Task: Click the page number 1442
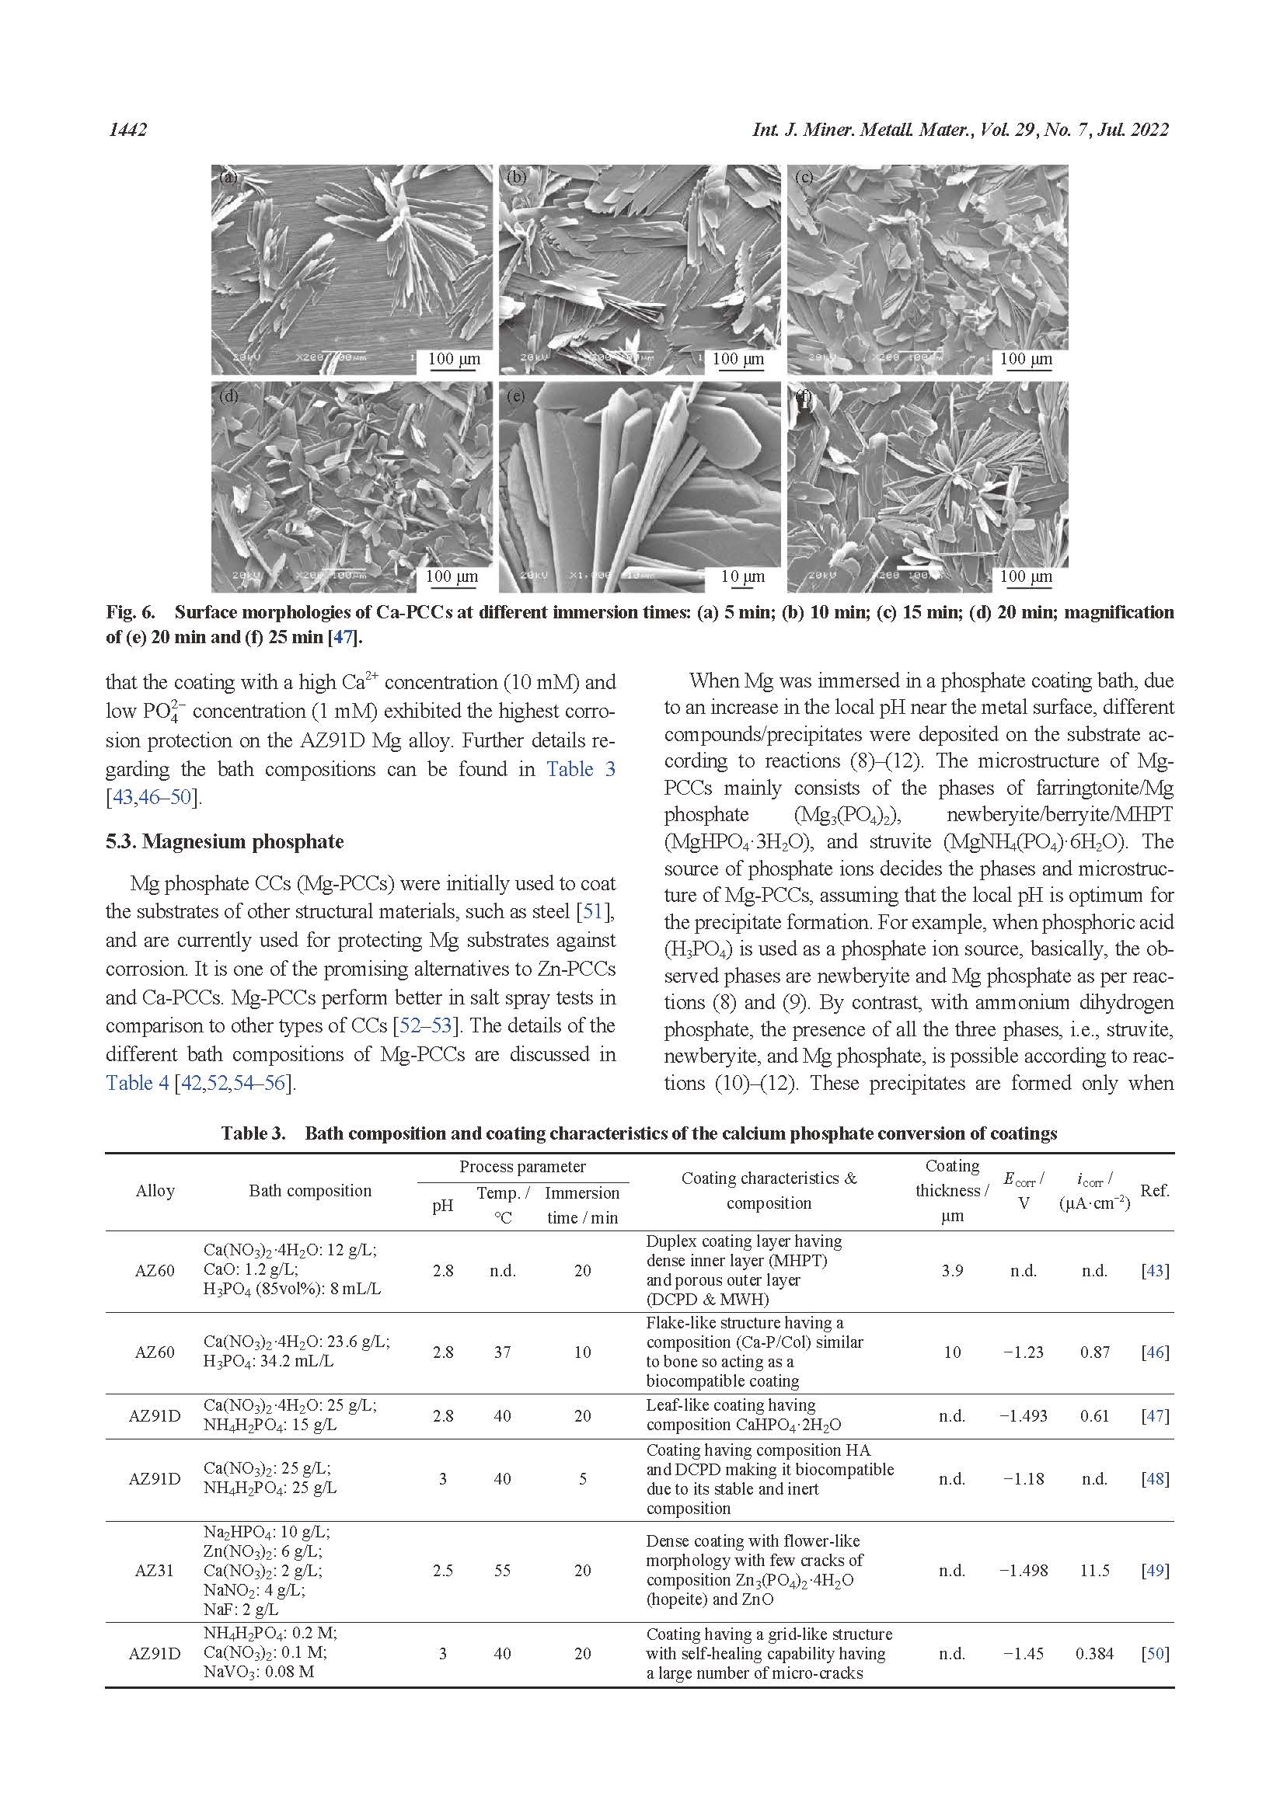pos(127,129)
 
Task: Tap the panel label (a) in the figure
pos(228,177)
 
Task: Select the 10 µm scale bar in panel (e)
pos(742,577)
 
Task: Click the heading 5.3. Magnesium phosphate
pos(225,841)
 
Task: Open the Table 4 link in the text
pos(137,1083)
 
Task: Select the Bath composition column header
pos(309,1190)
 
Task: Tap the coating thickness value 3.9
pos(952,1270)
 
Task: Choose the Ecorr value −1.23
pos(1023,1352)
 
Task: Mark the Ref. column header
pos(1155,1190)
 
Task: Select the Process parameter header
pos(522,1167)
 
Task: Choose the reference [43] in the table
pos(1155,1270)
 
